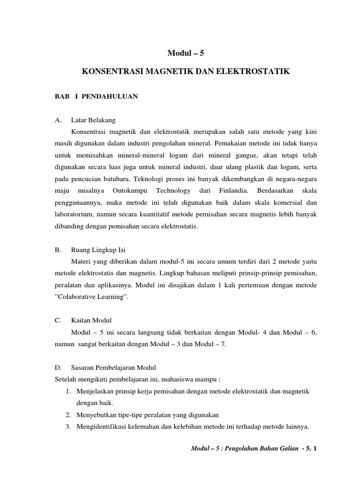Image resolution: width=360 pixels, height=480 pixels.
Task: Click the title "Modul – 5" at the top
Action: click(186, 53)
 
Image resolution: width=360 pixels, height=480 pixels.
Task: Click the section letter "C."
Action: click(59, 321)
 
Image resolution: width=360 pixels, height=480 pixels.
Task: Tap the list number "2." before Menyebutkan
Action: click(68, 415)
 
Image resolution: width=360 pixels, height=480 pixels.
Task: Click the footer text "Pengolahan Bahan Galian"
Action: click(258, 449)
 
